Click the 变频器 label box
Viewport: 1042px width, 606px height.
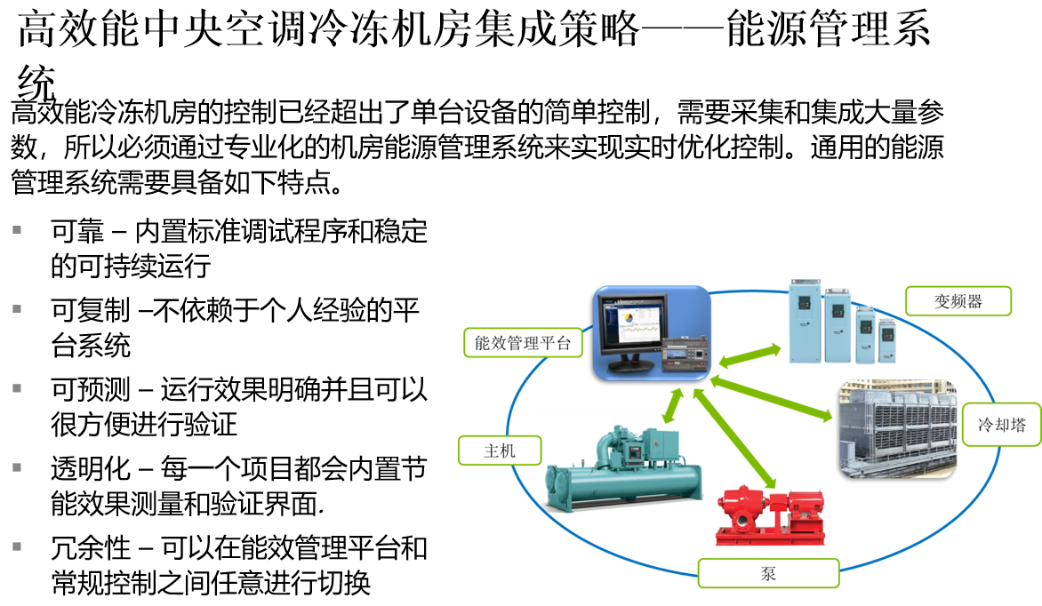(x=958, y=301)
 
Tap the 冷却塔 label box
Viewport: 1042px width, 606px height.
(x=1001, y=425)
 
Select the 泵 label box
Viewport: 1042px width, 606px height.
(x=768, y=573)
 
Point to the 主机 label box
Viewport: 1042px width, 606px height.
(x=500, y=451)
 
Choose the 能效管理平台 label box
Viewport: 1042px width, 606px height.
(x=523, y=343)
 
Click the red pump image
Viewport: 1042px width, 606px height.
(x=769, y=515)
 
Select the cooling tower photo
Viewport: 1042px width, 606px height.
(x=897, y=429)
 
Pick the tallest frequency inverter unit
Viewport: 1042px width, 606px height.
(x=805, y=321)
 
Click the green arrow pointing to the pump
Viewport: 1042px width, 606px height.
(x=734, y=439)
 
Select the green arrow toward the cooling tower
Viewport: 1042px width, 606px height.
(x=771, y=398)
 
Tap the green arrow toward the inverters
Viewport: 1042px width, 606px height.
(x=749, y=355)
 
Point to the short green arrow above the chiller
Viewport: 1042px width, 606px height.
(x=673, y=406)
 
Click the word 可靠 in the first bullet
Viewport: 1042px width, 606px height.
(x=77, y=231)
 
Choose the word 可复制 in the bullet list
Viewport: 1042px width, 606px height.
(x=91, y=310)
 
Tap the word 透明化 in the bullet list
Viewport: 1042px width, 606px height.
(x=91, y=468)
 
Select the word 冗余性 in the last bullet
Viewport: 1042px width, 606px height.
(x=91, y=548)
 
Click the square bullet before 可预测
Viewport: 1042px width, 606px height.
(x=17, y=388)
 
